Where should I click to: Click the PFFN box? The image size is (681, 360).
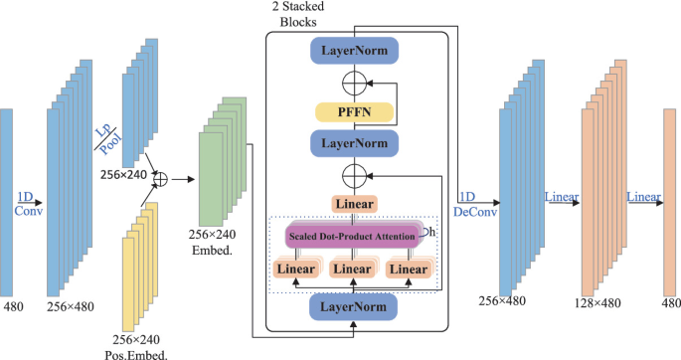(x=355, y=110)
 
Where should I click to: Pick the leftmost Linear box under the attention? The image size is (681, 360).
(x=299, y=270)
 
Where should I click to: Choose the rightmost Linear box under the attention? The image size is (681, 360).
(x=411, y=270)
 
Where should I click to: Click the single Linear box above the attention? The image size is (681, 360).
(x=355, y=204)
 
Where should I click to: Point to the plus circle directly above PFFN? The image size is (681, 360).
(x=355, y=81)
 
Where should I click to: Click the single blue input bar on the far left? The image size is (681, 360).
(x=7, y=200)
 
